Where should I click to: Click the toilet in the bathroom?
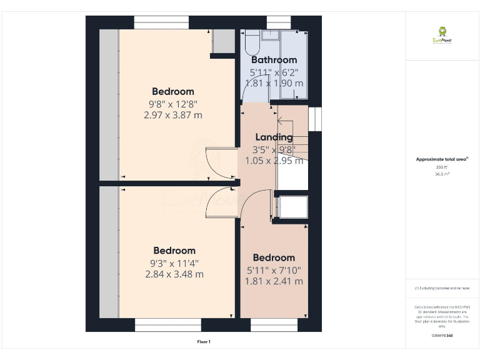[251, 44]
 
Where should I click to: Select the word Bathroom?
[274, 60]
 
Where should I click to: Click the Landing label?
[274, 137]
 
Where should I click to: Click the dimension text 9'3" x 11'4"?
[174, 263]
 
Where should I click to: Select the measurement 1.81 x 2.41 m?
[274, 281]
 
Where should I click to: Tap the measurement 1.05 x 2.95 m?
[274, 161]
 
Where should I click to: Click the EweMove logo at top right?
[442, 35]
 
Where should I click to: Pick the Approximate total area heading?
[442, 159]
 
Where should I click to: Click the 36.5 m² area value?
[442, 174]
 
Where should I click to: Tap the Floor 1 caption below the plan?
[204, 342]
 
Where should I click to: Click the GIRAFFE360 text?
[442, 336]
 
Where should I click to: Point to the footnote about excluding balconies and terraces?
[442, 288]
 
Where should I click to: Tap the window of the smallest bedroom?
[274, 325]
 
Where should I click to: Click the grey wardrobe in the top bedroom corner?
[222, 42]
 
